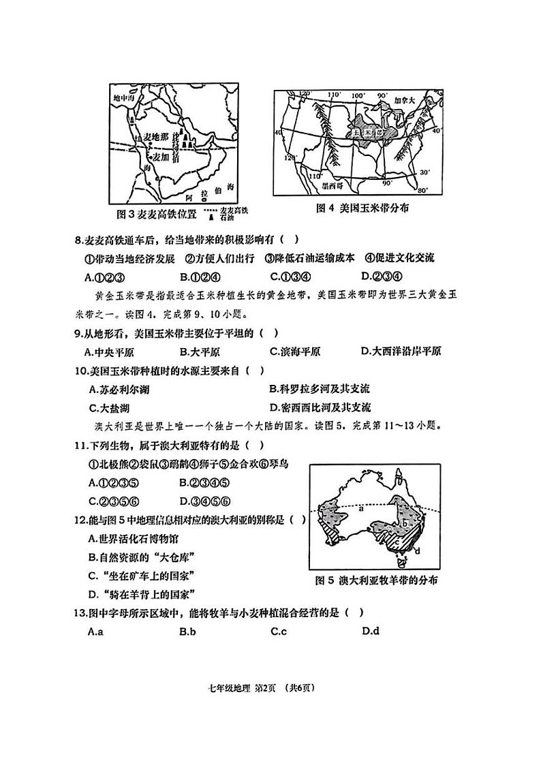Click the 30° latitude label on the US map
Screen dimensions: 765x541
424,172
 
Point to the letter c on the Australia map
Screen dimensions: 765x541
397,543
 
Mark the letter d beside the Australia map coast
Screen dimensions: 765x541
416,550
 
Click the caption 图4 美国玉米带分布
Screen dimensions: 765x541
366,208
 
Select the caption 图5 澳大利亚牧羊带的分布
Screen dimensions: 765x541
376,580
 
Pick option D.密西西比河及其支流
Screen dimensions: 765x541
320,407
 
